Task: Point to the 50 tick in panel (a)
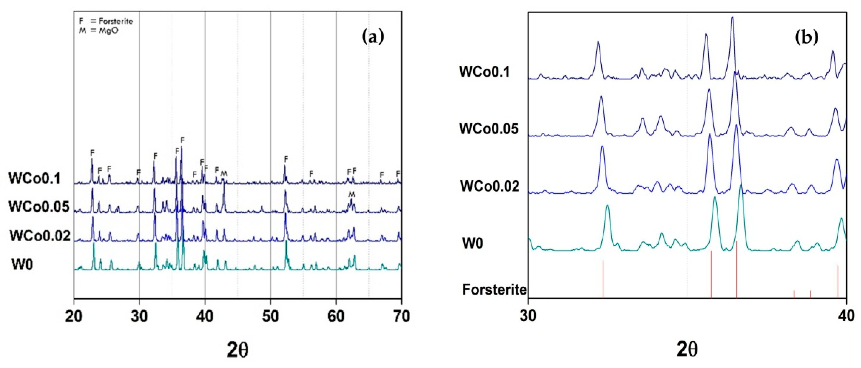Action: click(270, 316)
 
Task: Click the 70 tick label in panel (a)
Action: click(401, 316)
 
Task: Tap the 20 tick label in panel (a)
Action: click(74, 316)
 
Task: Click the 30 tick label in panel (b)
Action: click(528, 316)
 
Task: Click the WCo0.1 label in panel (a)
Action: click(35, 178)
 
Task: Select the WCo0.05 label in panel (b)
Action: click(489, 128)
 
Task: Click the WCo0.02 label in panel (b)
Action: click(490, 186)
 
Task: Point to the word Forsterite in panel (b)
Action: click(494, 289)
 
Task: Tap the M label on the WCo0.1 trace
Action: click(224, 173)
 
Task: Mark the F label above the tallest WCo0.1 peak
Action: click(182, 140)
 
